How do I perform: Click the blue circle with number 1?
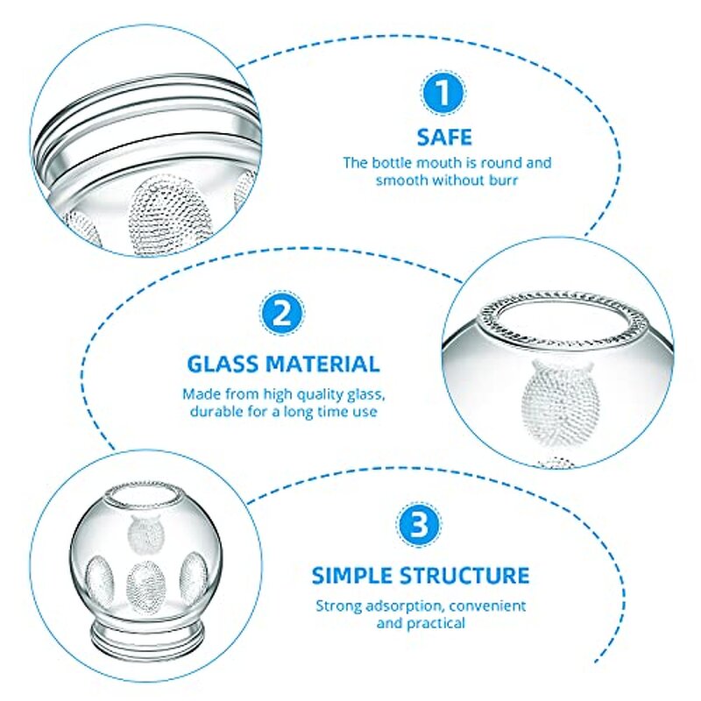(443, 95)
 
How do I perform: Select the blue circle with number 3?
(420, 527)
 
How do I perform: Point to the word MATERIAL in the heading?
(328, 364)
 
